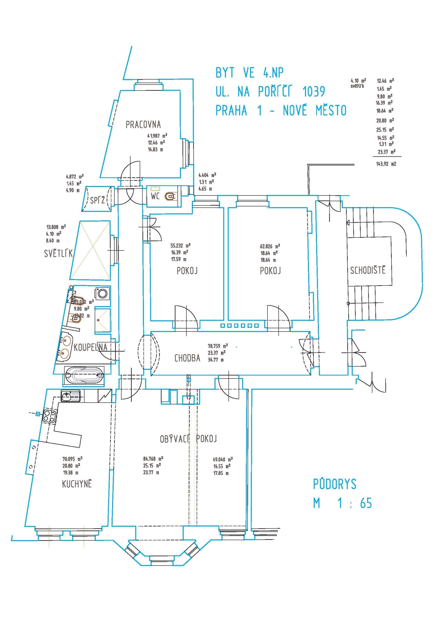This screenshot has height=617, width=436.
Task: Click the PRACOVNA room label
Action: coord(143,125)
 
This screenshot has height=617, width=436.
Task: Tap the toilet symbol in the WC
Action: coord(170,196)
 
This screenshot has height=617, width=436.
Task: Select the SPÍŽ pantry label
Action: coord(97,200)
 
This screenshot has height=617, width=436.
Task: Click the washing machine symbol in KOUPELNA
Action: coord(102,293)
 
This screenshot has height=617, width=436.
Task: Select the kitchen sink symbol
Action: coord(70,396)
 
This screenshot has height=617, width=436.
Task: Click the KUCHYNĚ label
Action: coord(77,484)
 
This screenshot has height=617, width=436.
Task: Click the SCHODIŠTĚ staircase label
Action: coord(367,270)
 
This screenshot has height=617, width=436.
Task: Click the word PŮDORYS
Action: coord(334,484)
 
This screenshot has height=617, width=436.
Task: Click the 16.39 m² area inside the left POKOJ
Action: coord(179,252)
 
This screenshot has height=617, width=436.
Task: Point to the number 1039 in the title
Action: coord(313,92)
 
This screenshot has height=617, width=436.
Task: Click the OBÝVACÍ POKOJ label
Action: coord(188,439)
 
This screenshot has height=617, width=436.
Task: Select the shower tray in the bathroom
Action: coord(102,320)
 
